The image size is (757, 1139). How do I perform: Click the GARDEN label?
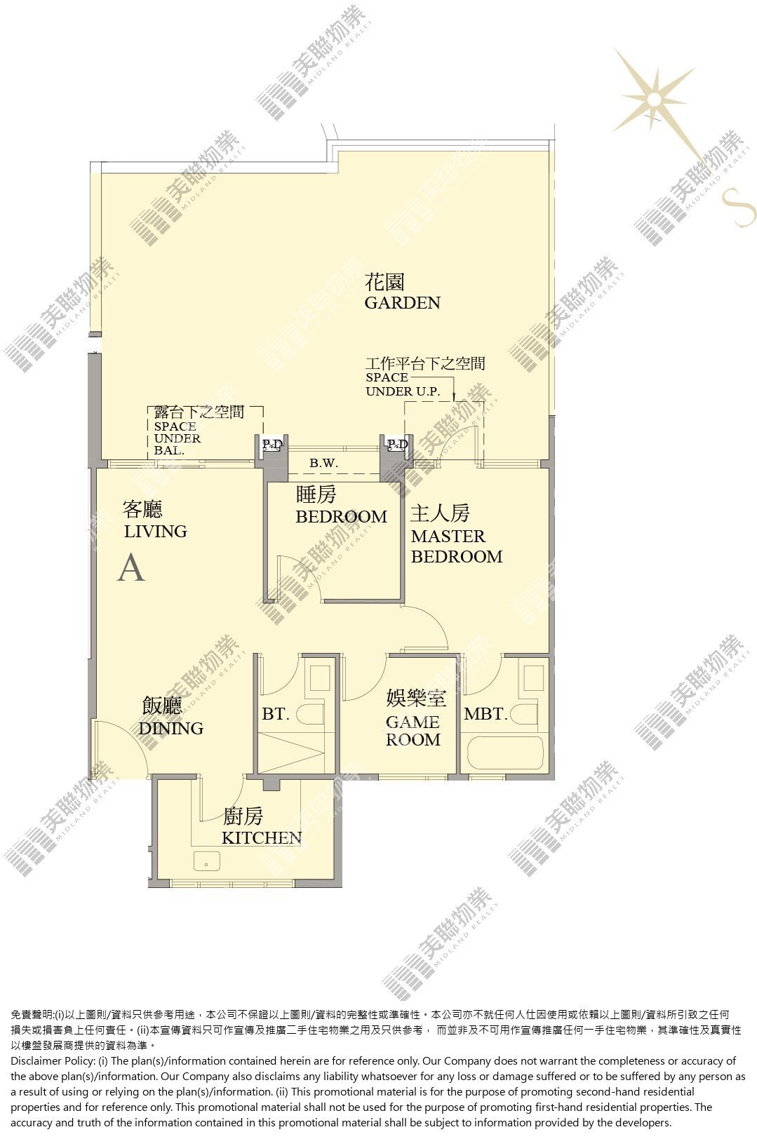[402, 302]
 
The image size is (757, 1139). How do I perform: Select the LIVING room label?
[156, 532]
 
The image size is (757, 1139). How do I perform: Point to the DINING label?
[171, 728]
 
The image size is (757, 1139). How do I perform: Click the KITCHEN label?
[262, 837]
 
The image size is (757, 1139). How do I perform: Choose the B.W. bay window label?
[323, 463]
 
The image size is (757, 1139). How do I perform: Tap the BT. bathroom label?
[276, 714]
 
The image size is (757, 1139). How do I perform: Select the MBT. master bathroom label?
[486, 714]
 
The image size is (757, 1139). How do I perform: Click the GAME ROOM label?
[413, 731]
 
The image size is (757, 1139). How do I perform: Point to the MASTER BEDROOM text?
[456, 546]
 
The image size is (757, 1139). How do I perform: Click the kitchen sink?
[206, 861]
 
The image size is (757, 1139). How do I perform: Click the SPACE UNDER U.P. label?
[403, 384]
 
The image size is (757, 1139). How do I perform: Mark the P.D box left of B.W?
[272, 445]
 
